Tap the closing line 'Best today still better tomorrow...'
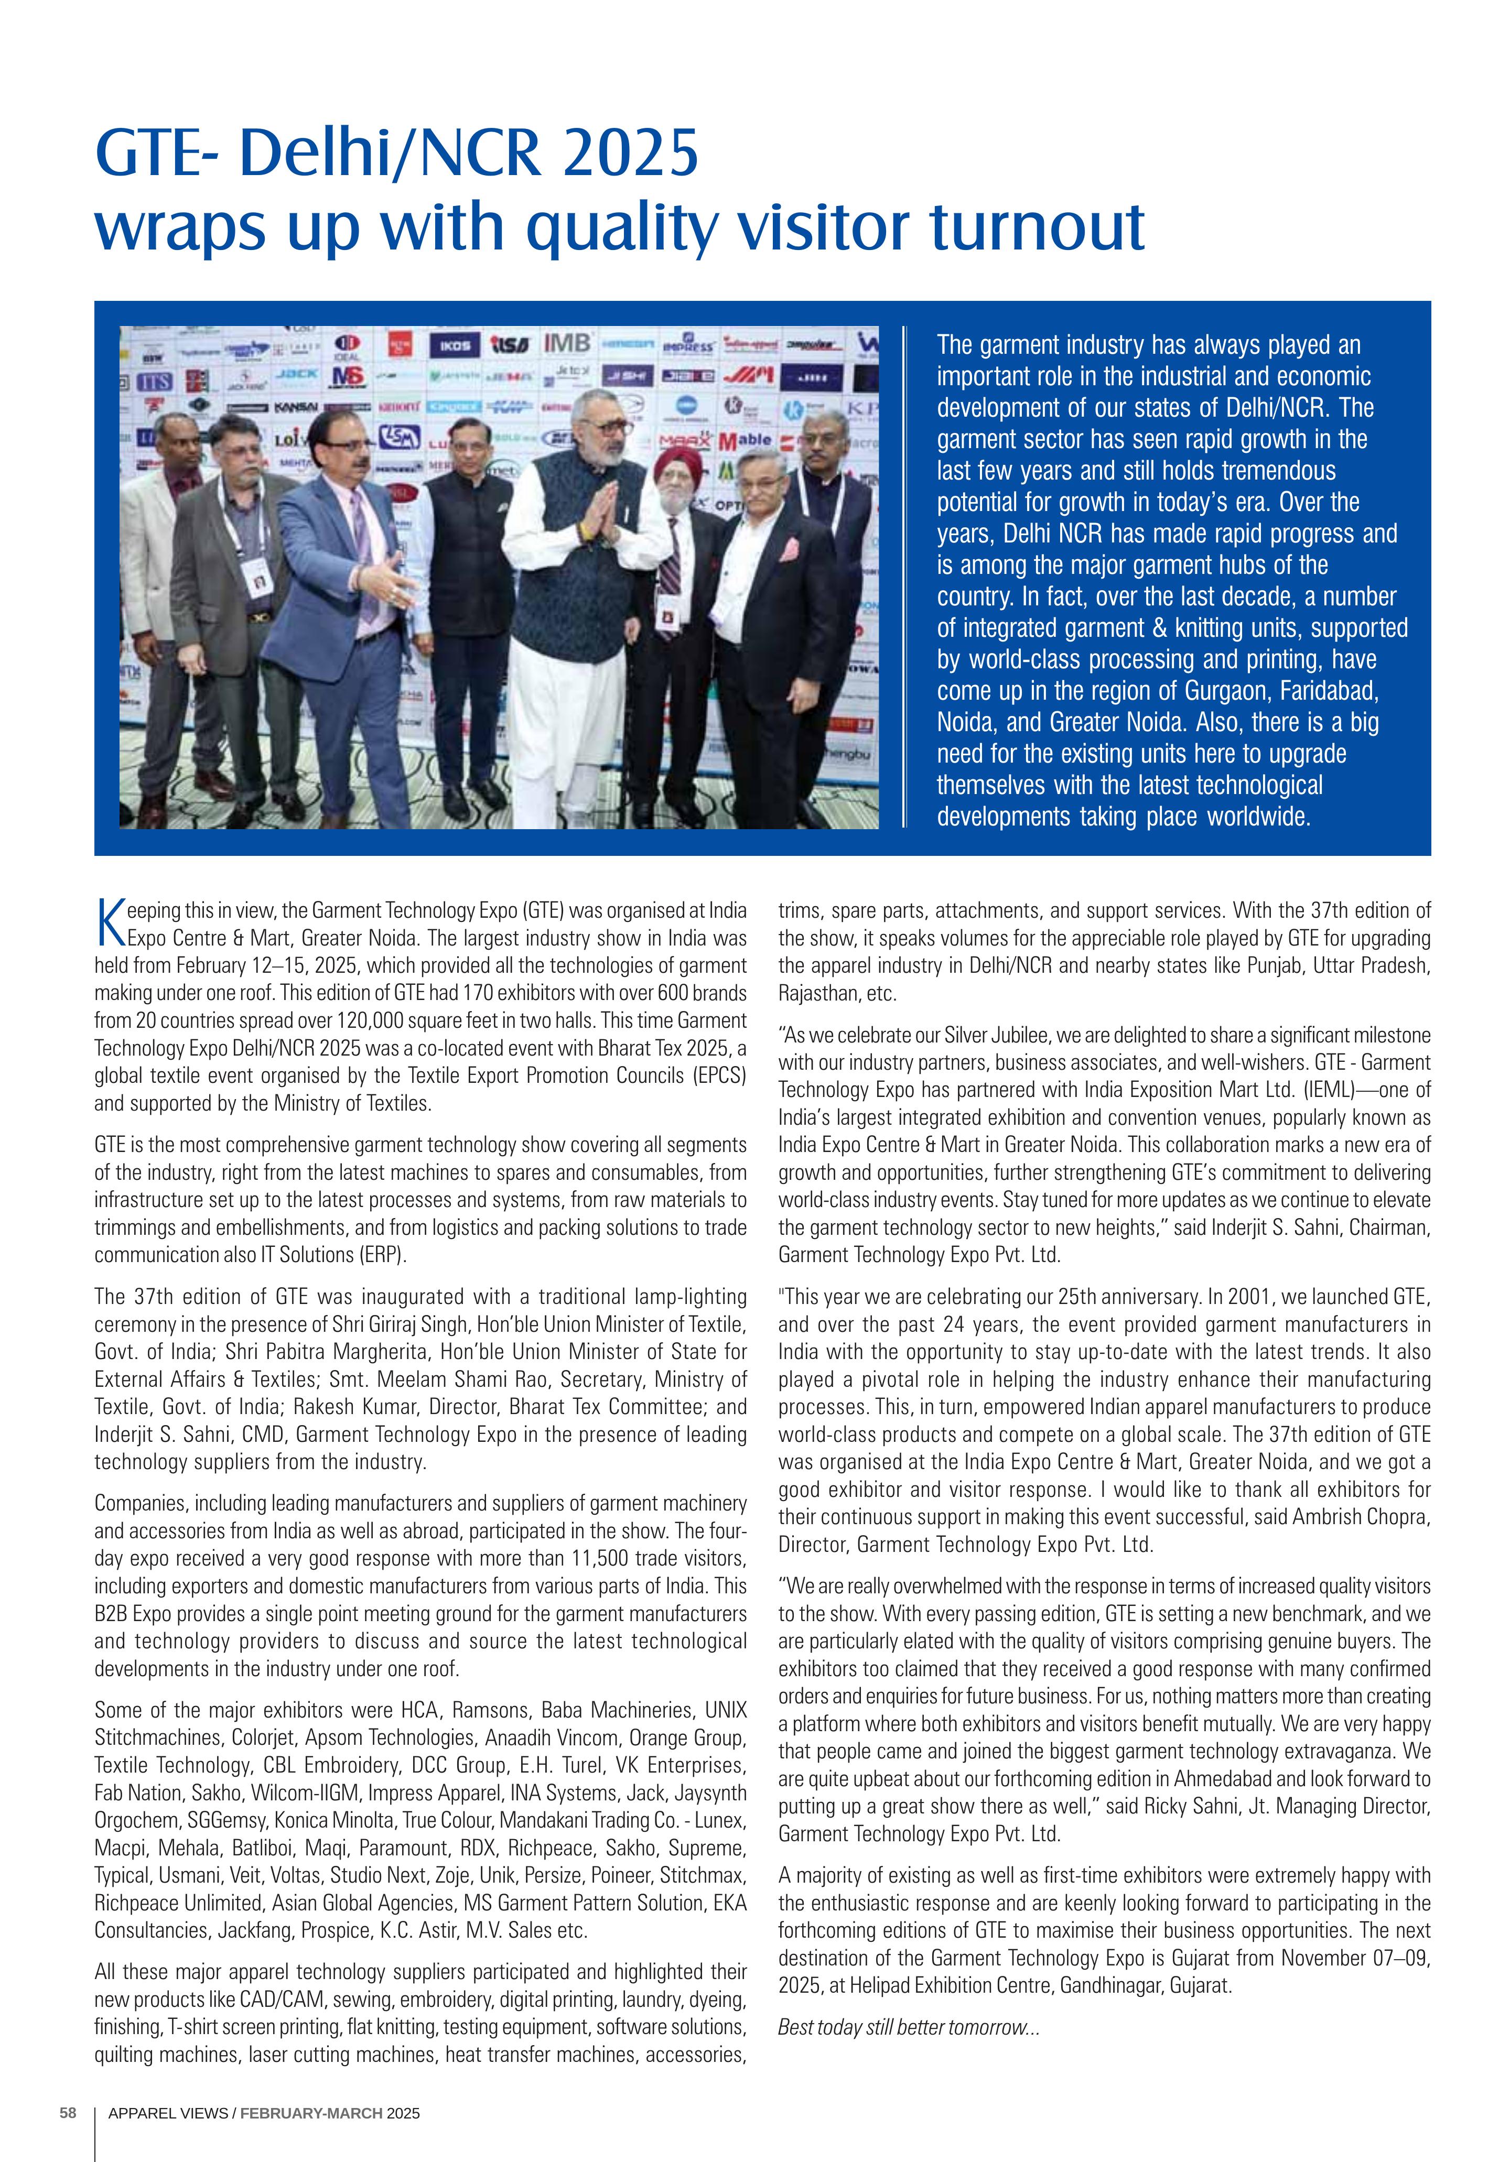(908, 2027)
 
